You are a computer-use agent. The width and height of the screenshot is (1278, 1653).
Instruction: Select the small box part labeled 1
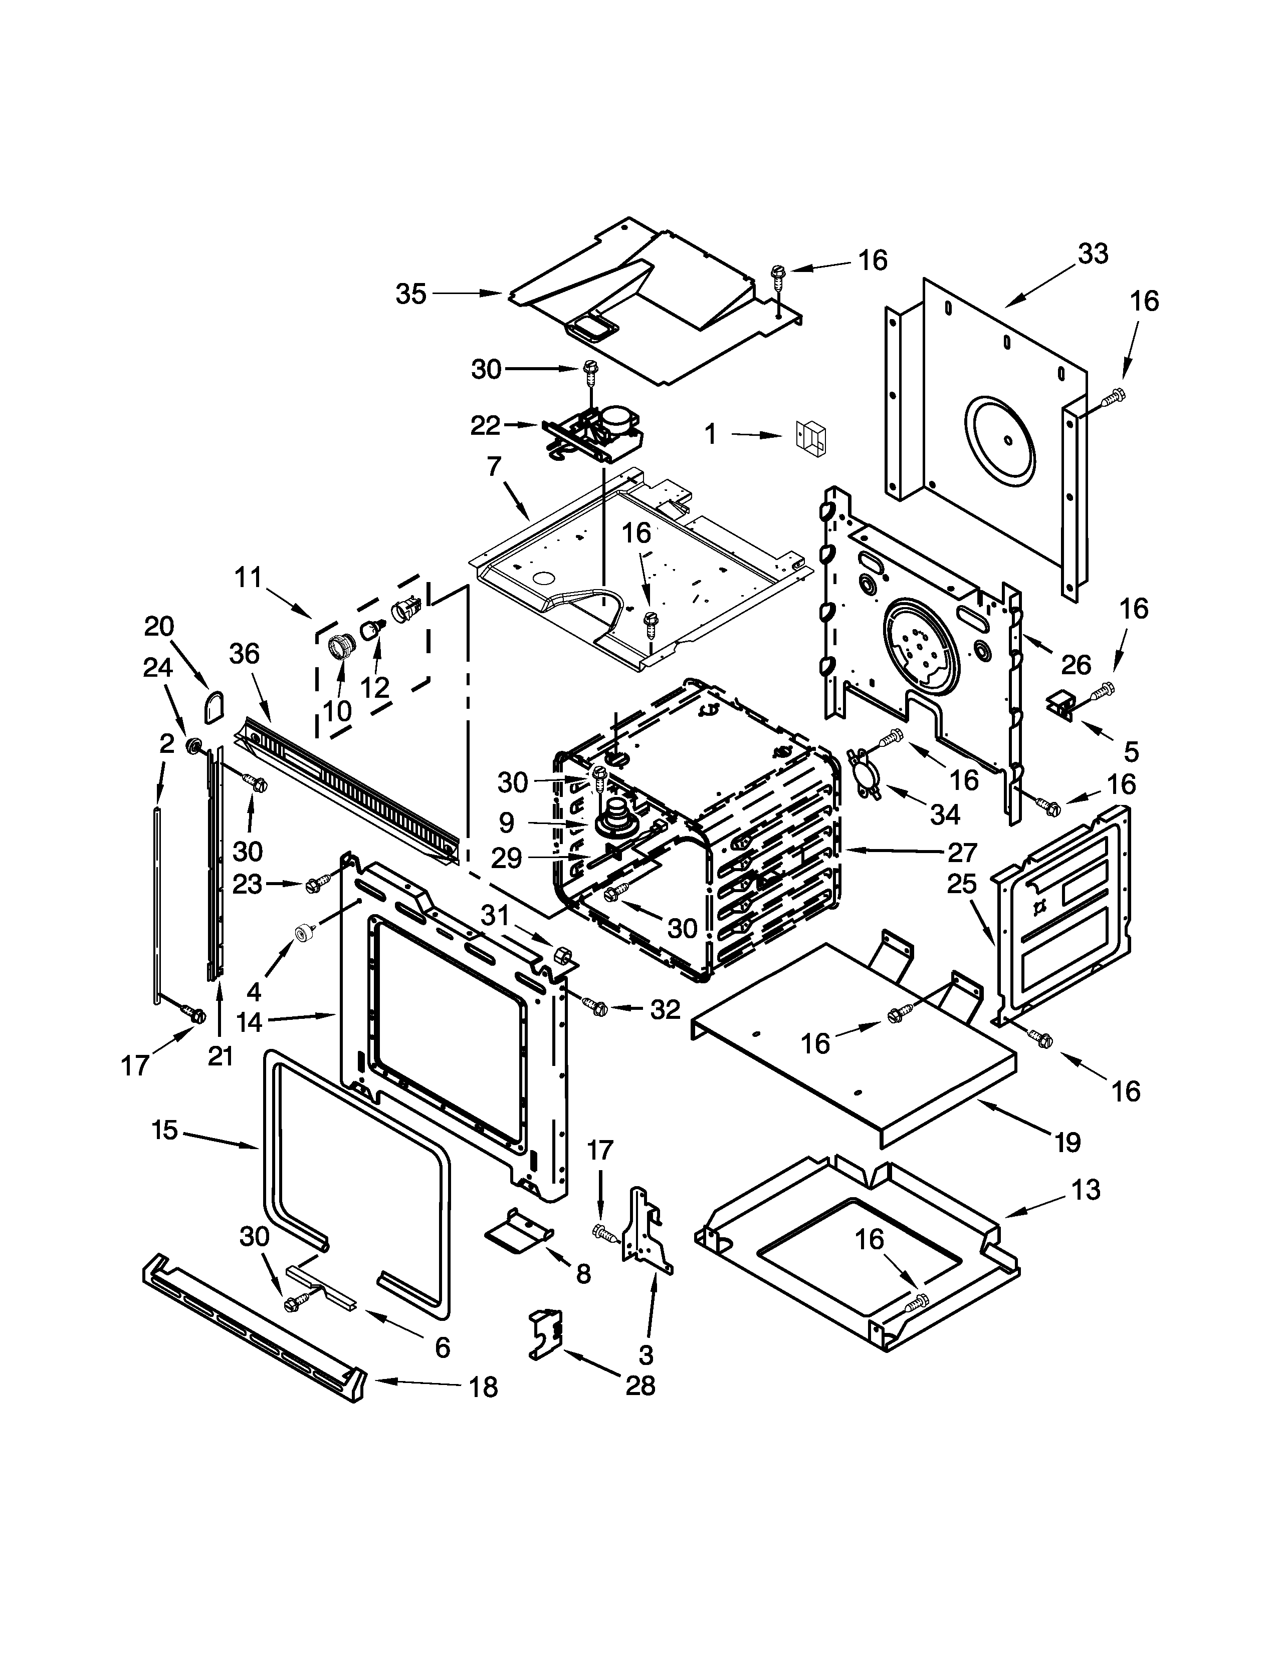click(811, 437)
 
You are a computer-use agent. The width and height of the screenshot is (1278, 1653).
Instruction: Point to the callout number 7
click(494, 466)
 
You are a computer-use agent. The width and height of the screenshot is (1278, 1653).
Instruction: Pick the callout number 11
click(248, 578)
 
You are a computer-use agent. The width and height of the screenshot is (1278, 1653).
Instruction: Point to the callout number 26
click(1075, 665)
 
